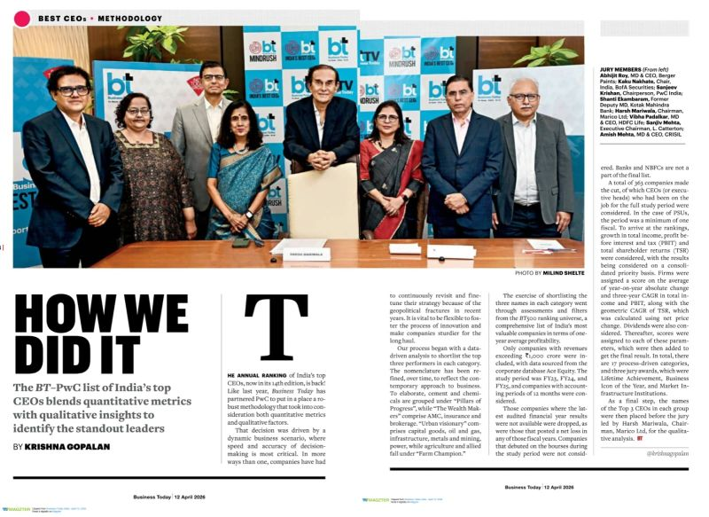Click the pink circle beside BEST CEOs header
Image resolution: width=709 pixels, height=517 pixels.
click(22, 18)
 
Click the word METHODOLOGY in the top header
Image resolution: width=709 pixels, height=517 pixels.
click(130, 18)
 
